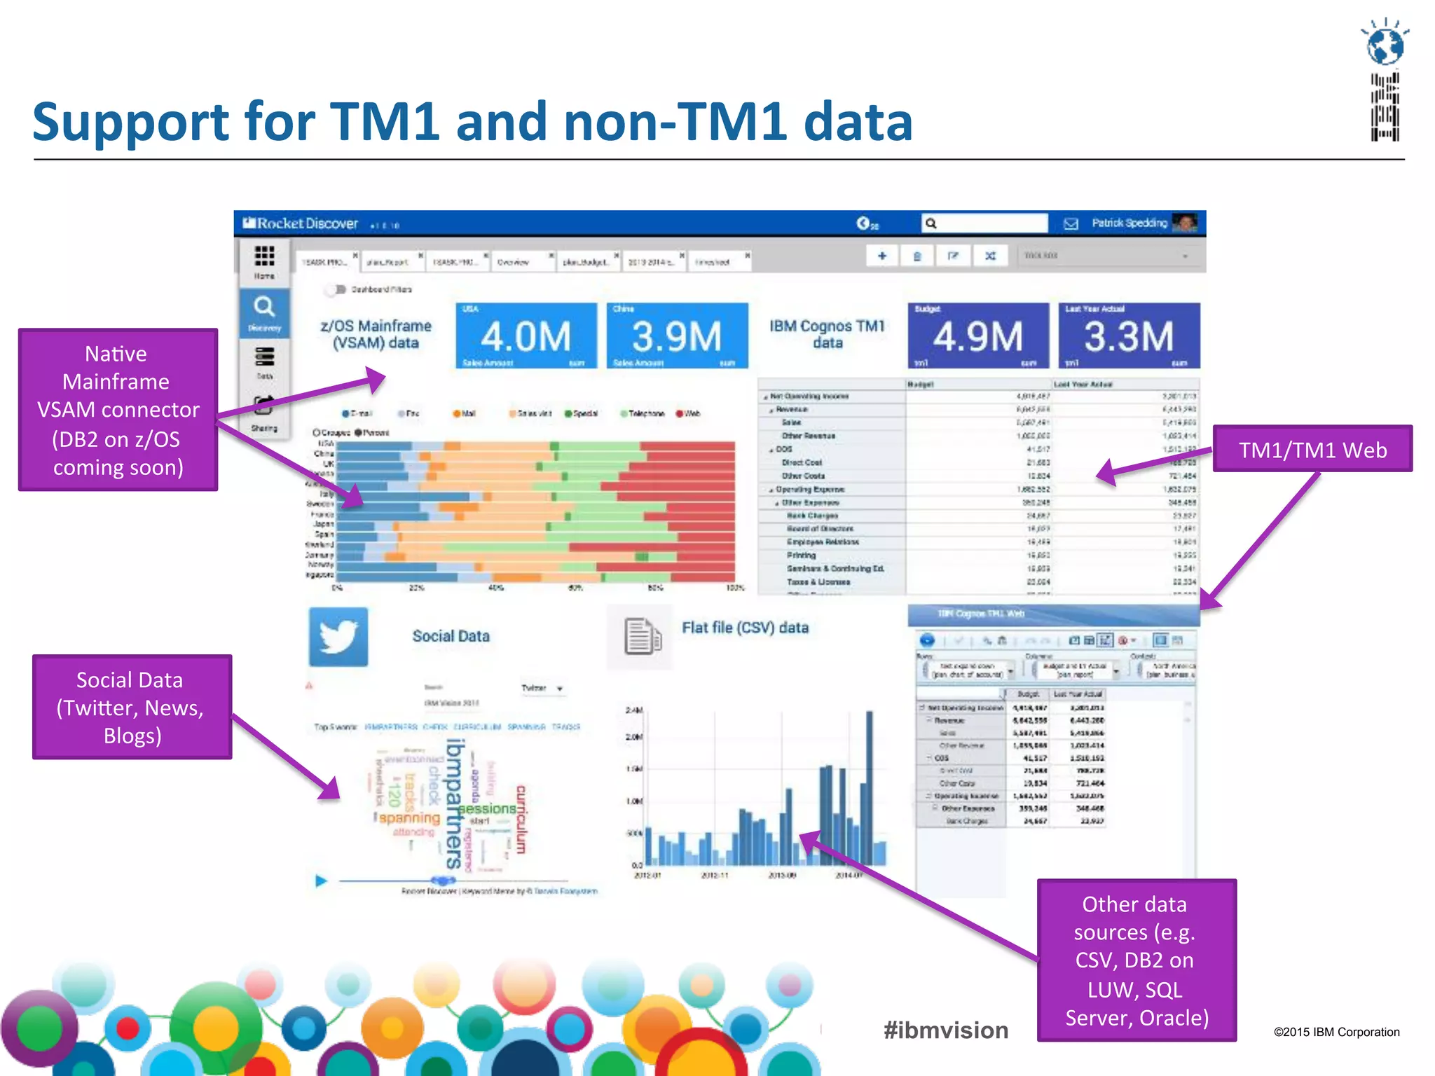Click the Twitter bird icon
coord(338,637)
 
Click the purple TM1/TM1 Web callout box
coord(1312,449)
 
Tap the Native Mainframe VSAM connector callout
coord(118,410)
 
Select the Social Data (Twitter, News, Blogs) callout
coord(132,707)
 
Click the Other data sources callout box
coord(1137,960)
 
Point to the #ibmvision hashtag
coord(946,1030)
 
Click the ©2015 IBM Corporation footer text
coord(1336,1032)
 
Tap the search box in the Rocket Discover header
coord(984,223)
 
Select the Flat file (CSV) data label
coord(745,628)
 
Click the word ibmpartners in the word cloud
coord(455,802)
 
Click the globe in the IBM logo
coord(1385,46)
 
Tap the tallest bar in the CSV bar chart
coord(869,787)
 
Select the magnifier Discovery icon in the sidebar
coord(264,308)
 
